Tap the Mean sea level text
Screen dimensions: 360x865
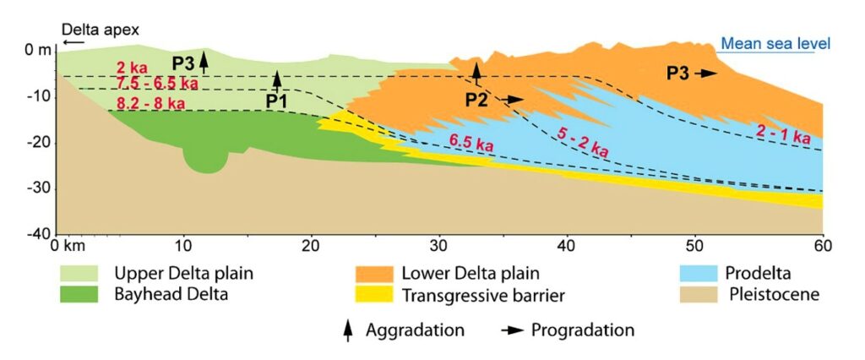[775, 44]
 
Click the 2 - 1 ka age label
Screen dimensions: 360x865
[783, 133]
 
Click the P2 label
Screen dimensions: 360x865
[476, 100]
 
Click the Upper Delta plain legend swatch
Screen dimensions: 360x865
[84, 274]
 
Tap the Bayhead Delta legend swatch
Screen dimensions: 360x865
[84, 295]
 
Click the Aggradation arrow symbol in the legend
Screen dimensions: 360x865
[347, 330]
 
